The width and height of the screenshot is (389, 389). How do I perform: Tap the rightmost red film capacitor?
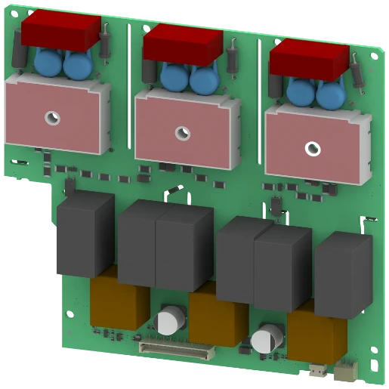(309, 59)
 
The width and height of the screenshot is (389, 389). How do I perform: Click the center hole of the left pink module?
(51, 117)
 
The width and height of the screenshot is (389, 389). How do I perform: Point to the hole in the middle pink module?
(182, 133)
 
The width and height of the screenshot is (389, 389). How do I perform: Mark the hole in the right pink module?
(311, 147)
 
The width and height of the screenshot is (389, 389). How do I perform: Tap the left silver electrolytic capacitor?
(166, 320)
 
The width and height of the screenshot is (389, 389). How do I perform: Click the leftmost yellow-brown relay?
(117, 302)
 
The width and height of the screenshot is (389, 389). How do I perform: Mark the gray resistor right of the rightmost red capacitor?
(356, 73)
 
